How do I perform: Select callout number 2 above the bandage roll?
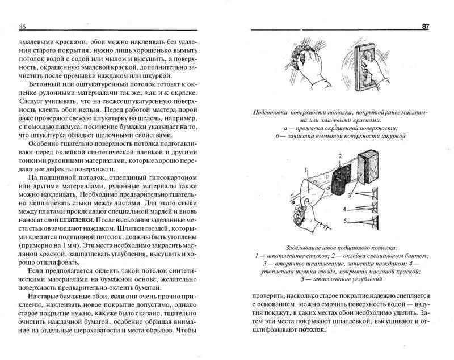point(339,155)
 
